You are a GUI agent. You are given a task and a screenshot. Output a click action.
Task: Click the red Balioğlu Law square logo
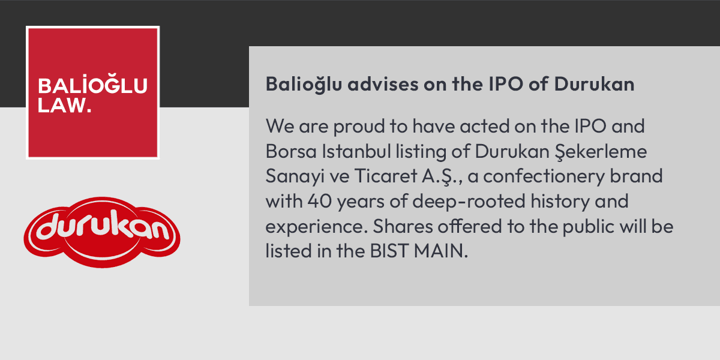[x=92, y=92]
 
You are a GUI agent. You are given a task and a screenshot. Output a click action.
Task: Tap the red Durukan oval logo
[x=102, y=232]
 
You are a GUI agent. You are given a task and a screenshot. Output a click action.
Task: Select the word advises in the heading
[x=381, y=85]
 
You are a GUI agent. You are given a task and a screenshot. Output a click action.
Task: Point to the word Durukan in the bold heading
[x=594, y=85]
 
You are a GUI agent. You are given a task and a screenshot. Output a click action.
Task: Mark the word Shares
[x=400, y=227]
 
